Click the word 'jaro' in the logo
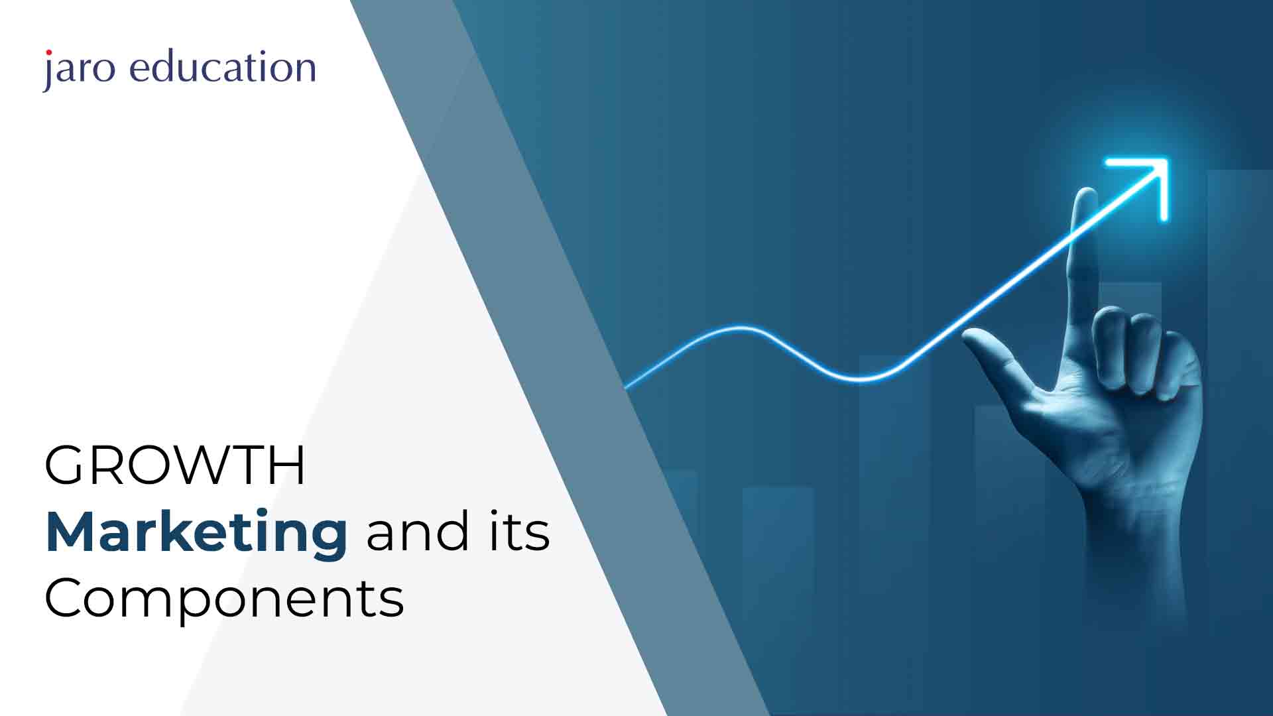tap(78, 69)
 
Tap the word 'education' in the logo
tap(223, 67)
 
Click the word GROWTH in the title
tap(175, 465)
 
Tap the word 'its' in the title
tap(520, 532)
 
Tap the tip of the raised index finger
tap(1085, 194)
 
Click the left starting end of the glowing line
tap(627, 387)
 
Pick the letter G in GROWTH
tap(65, 465)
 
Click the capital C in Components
tap(64, 598)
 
